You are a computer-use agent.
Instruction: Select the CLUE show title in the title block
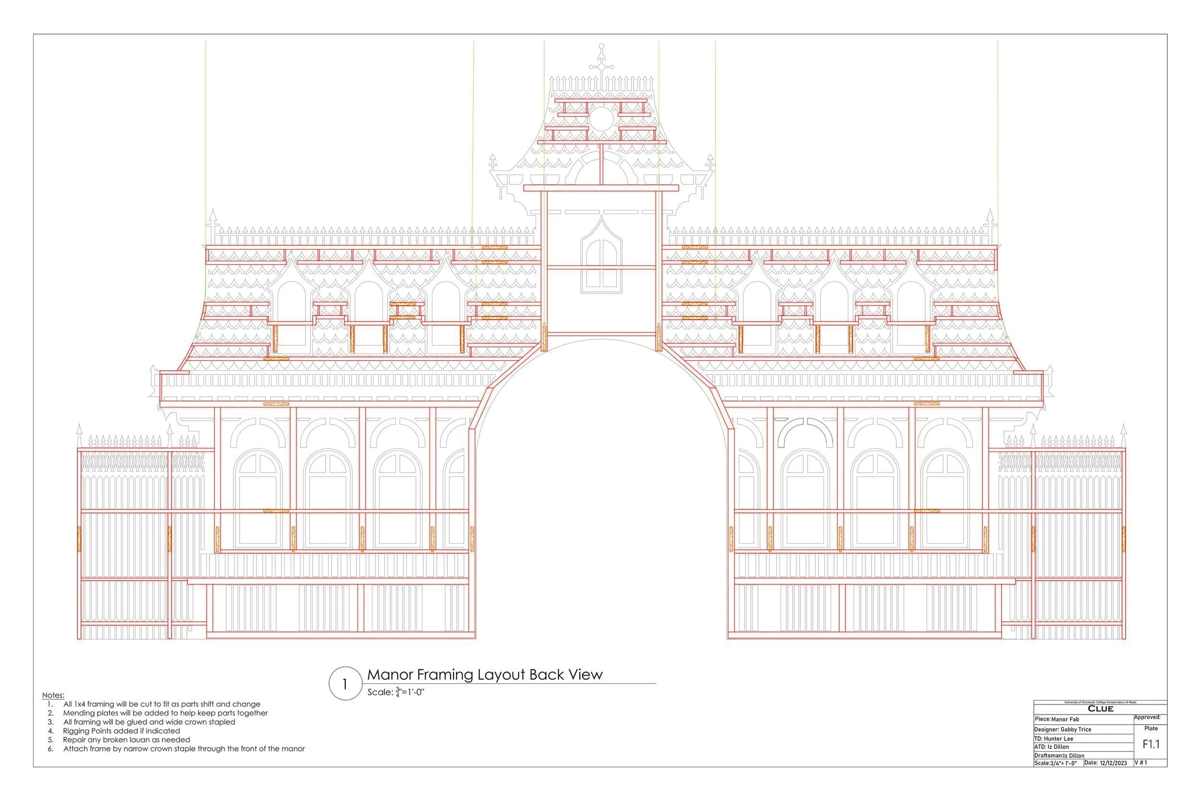click(1101, 709)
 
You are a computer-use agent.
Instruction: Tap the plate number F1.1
click(1151, 744)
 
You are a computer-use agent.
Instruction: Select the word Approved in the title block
click(1147, 717)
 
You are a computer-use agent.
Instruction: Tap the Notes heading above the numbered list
click(53, 695)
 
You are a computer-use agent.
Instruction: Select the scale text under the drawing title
click(396, 692)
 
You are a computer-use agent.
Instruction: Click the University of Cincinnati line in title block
click(1100, 703)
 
